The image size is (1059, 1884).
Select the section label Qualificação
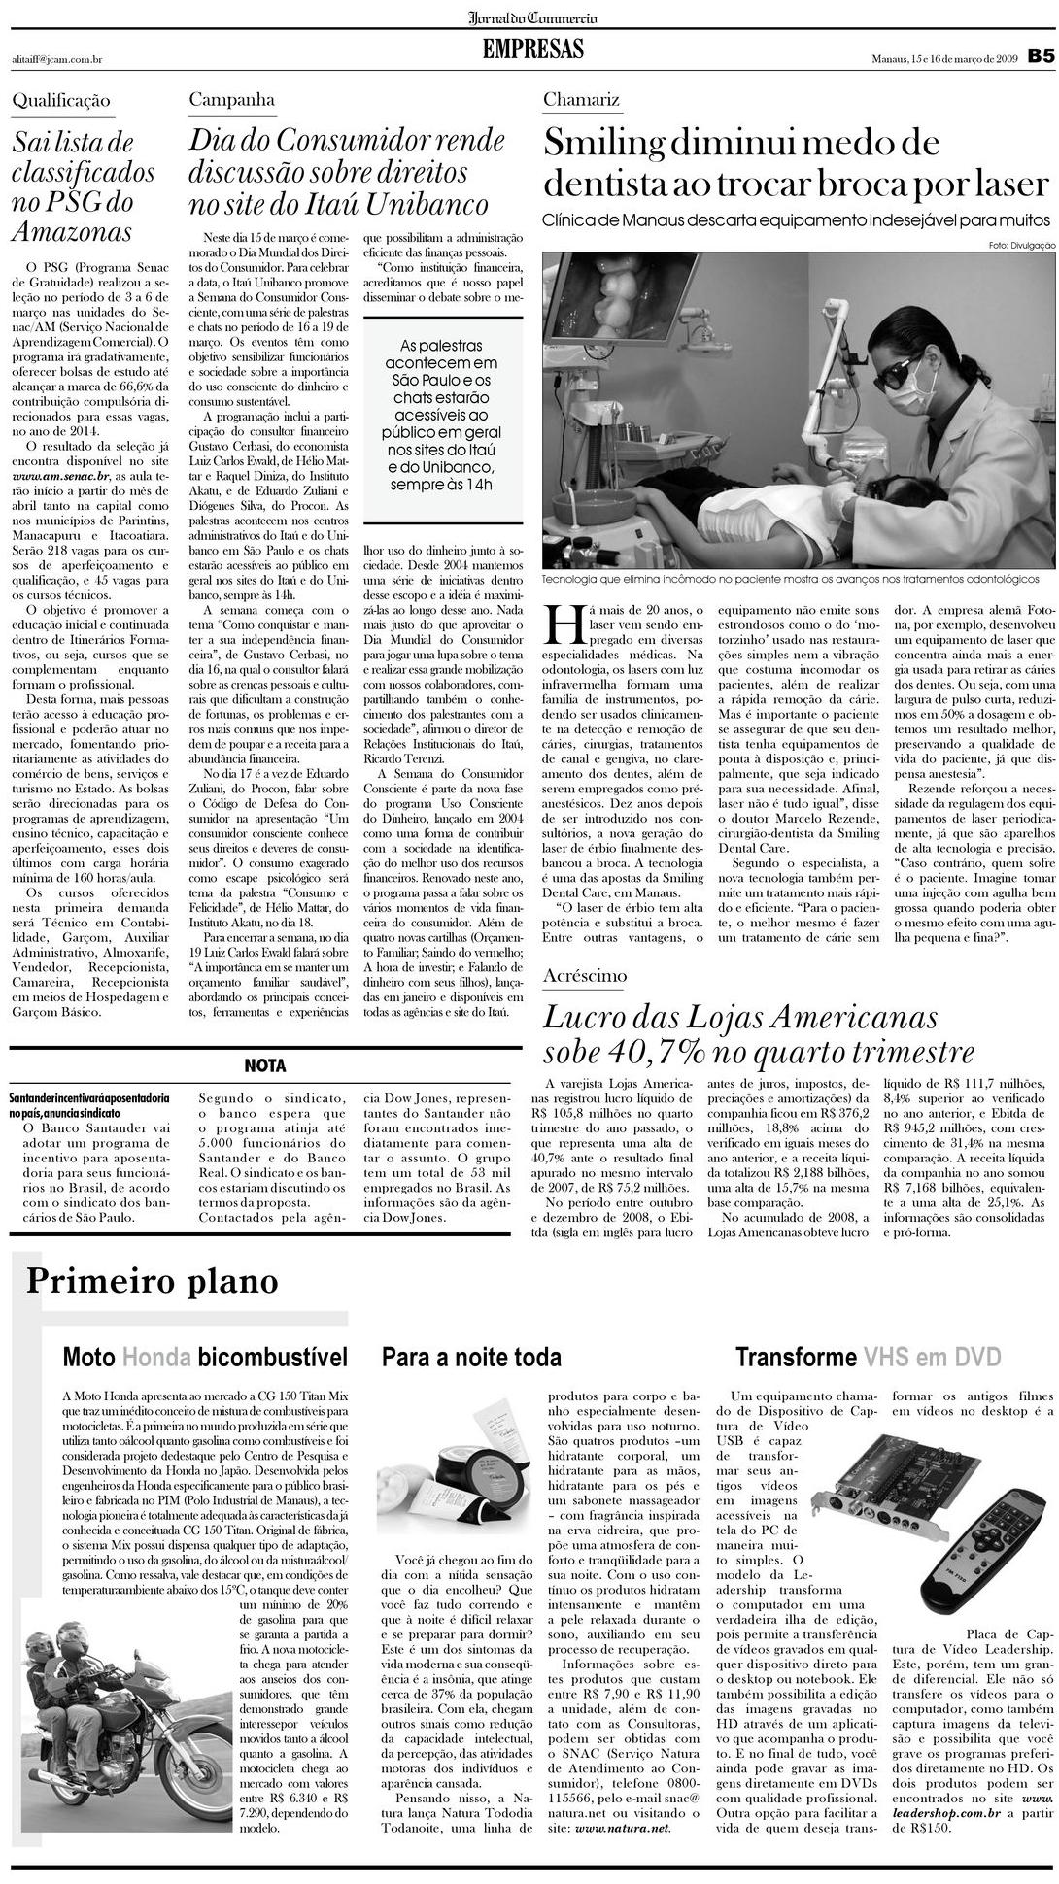click(61, 101)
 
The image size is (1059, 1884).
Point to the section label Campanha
click(231, 100)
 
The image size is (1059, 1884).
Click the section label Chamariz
click(581, 100)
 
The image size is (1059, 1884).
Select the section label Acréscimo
click(585, 976)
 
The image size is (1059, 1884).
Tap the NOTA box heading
click(264, 1065)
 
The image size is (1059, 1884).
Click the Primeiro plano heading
click(153, 1282)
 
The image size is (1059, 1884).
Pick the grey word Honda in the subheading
click(156, 1358)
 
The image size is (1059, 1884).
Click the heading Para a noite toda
click(471, 1358)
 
